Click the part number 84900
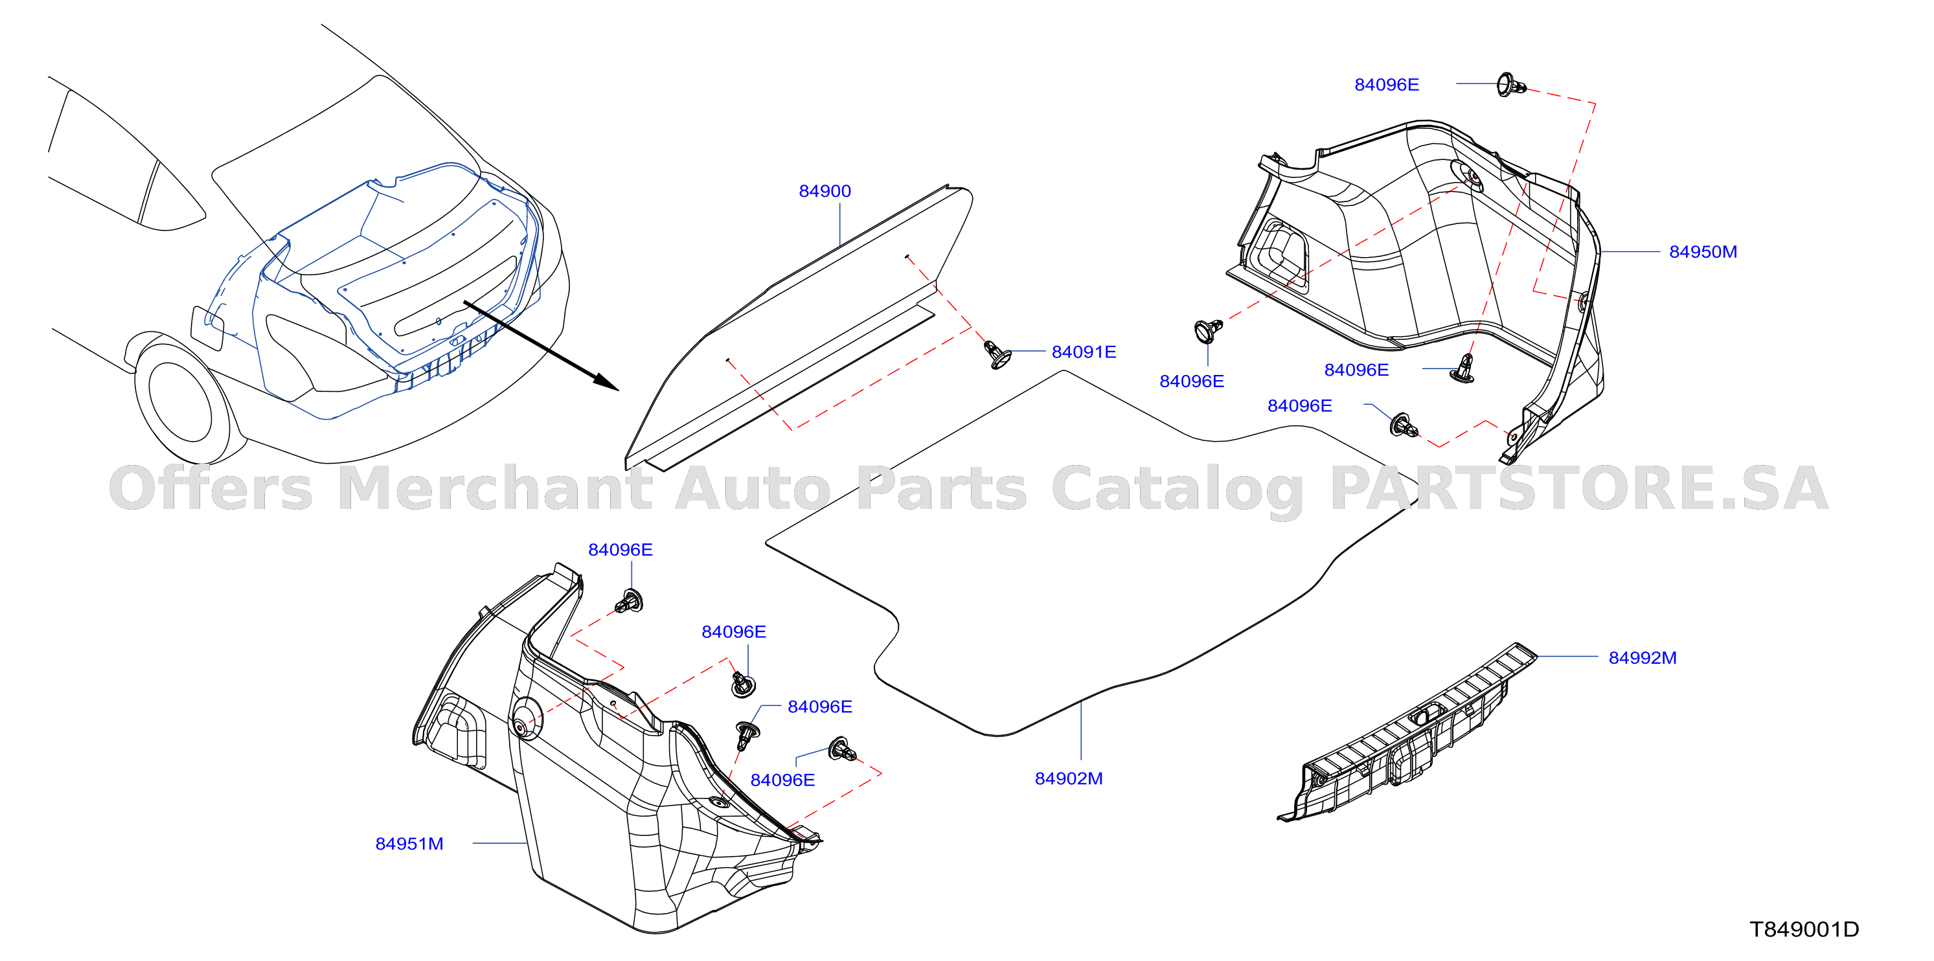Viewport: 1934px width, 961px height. tap(825, 192)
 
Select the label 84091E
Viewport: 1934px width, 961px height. tap(1084, 352)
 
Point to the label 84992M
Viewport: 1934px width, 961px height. tap(1642, 659)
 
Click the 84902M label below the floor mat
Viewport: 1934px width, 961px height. tap(1068, 779)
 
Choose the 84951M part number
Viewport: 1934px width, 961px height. tap(409, 844)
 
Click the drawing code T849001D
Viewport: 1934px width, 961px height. tap(1804, 930)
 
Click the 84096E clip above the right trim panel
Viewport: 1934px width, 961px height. tap(1510, 85)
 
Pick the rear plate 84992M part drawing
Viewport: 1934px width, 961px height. tap(1407, 732)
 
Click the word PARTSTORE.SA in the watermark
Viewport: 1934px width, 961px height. tap(1579, 489)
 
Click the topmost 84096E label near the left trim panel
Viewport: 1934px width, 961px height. tap(620, 550)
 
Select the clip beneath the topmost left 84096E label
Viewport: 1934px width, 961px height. tap(629, 602)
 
